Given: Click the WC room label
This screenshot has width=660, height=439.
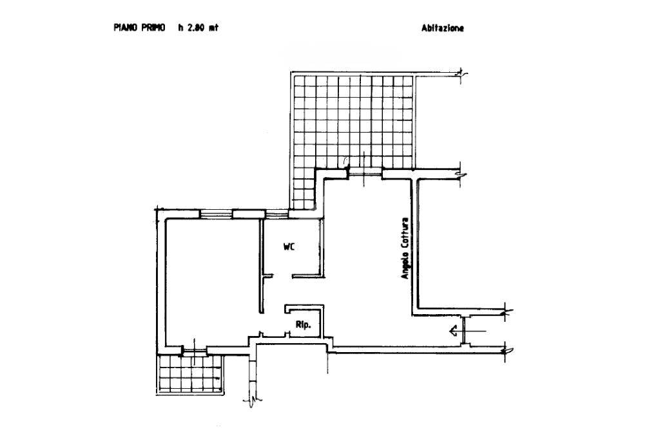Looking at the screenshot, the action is pos(289,247).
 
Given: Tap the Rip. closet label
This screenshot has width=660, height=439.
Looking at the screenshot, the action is pos(303,325).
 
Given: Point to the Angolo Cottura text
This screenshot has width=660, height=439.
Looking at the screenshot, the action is pos(405,248).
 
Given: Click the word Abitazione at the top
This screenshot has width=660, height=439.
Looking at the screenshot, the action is pos(443,28).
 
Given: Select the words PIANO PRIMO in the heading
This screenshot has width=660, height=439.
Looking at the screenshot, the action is pos(139,28).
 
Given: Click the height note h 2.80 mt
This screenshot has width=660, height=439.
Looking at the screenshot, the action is pos(199,28).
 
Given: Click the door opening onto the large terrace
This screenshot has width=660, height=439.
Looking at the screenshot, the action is pos(365,172).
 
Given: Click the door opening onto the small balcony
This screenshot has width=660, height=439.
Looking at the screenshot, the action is pos(194,350).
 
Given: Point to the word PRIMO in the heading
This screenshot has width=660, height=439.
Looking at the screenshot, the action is pos(152,28).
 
